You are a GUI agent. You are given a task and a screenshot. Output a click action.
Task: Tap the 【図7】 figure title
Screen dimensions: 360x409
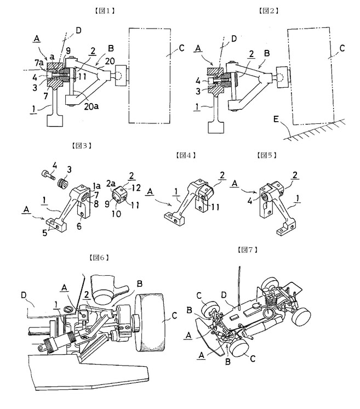click(247, 250)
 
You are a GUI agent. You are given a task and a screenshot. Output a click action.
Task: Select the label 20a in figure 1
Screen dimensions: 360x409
click(92, 106)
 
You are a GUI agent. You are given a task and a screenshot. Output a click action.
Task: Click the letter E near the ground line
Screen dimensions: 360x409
click(276, 120)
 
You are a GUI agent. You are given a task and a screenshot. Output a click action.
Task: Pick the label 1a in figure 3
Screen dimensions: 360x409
click(97, 186)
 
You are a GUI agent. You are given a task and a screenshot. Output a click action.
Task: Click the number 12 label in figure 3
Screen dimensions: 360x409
click(136, 188)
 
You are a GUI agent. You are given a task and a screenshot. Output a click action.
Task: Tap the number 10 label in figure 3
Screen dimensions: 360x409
click(116, 214)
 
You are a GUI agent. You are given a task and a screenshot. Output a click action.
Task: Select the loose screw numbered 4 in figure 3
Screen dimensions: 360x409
click(48, 174)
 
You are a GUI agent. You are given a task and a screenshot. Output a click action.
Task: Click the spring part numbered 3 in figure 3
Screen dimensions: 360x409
click(62, 183)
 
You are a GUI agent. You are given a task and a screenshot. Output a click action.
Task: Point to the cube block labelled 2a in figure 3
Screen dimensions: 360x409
click(119, 196)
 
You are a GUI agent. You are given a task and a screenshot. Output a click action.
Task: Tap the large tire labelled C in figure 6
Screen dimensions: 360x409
click(150, 322)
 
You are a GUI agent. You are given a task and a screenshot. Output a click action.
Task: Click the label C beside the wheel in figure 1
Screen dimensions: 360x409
click(181, 48)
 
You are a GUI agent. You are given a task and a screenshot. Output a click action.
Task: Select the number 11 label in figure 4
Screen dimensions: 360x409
click(215, 207)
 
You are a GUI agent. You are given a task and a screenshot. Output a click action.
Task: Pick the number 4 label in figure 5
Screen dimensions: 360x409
click(250, 201)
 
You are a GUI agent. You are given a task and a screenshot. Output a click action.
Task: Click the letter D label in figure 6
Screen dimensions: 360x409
click(24, 296)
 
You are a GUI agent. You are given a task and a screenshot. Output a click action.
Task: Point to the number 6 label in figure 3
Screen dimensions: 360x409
click(79, 226)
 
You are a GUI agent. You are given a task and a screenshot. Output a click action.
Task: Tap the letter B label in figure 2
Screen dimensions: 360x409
click(267, 53)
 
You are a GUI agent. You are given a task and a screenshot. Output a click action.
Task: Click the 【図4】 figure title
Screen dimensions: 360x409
click(186, 155)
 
